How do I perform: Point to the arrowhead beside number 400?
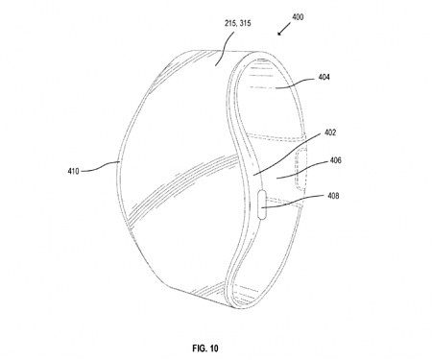click(x=278, y=34)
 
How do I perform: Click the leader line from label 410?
click(x=96, y=170)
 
